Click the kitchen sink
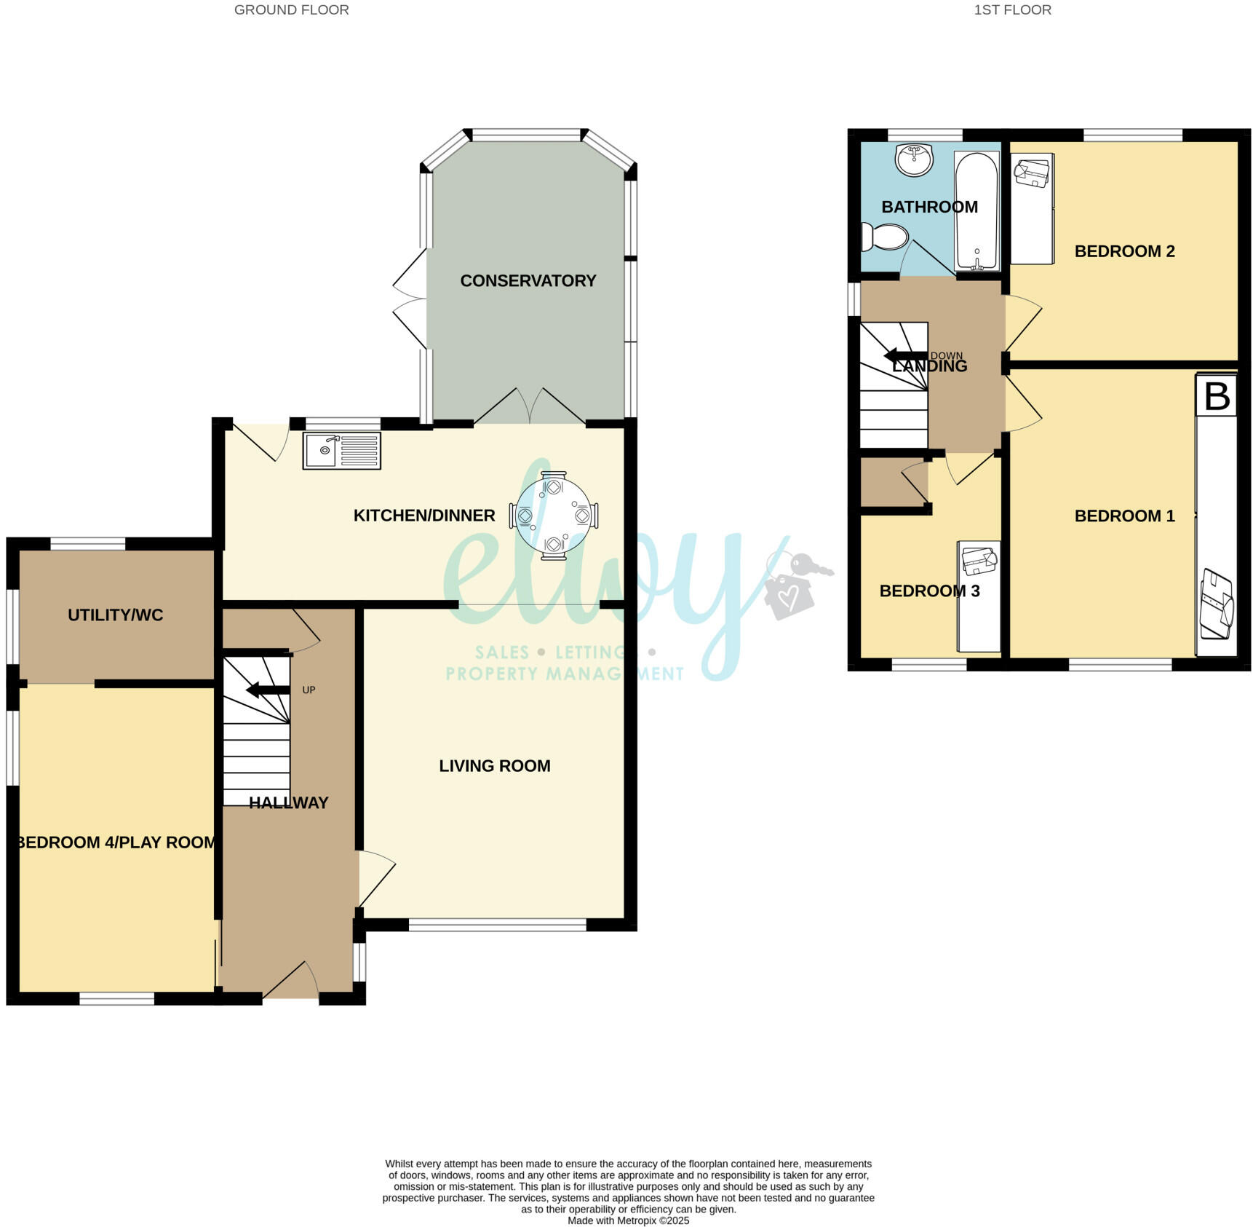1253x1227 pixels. point(341,451)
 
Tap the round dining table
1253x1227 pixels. point(553,515)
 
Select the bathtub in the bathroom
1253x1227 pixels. point(976,210)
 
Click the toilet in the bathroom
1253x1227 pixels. point(885,237)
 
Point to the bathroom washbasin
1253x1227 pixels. point(914,159)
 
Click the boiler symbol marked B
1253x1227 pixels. point(1217,396)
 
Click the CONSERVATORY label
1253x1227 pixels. point(528,281)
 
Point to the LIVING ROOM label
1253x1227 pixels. point(494,766)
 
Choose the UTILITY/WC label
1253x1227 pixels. point(115,615)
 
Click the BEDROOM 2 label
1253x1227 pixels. point(1124,251)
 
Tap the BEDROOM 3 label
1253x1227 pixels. point(929,591)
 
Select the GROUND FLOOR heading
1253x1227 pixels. point(291,10)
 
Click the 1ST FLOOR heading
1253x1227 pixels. point(1012,10)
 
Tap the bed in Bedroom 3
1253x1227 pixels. point(979,596)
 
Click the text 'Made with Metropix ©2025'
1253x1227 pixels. point(628,1221)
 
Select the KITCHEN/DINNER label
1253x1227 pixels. point(423,516)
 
